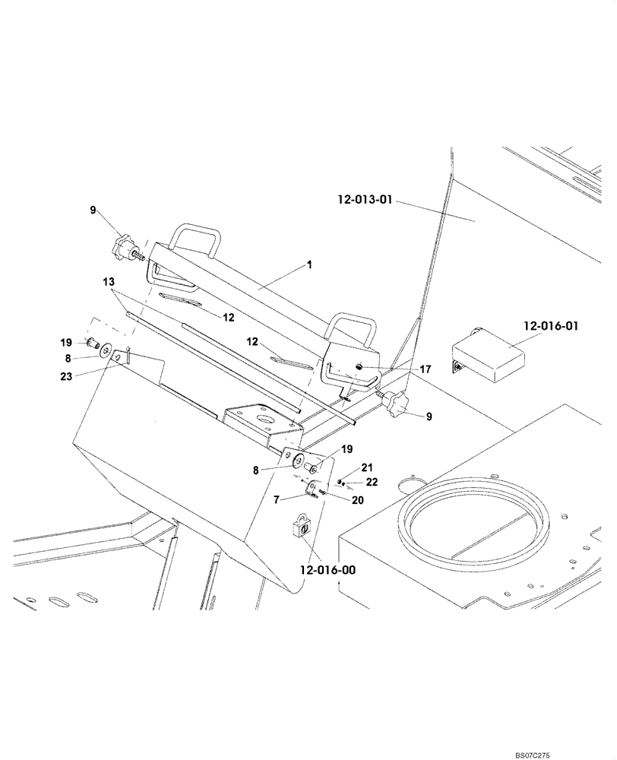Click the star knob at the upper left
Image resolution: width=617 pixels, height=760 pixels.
tap(122, 248)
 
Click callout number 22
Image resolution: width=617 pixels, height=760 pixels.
tap(372, 482)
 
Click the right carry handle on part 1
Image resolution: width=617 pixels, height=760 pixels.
tap(353, 324)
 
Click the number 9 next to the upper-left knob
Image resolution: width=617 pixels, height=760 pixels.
tap(93, 210)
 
